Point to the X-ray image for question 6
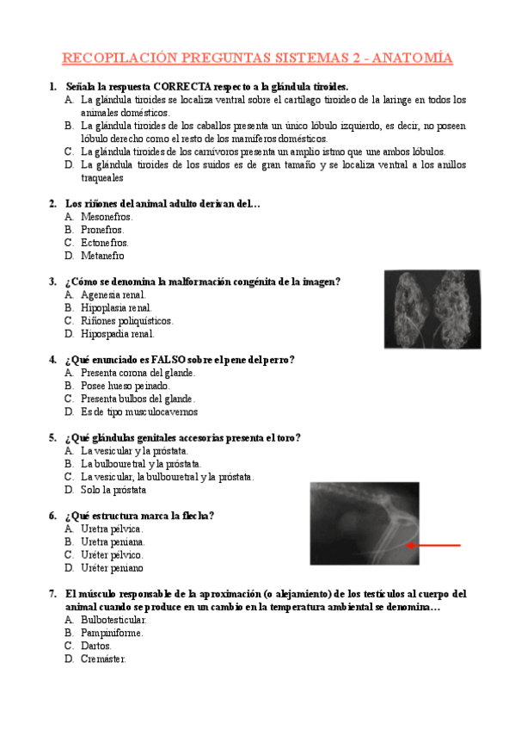365,523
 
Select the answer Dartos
96,646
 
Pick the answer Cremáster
103,659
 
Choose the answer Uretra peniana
113,542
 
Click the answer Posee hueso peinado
126,386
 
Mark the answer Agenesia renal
113,294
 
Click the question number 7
53,594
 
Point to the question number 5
53,437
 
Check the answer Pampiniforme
112,633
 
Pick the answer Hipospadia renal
118,333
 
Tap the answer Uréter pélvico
112,555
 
